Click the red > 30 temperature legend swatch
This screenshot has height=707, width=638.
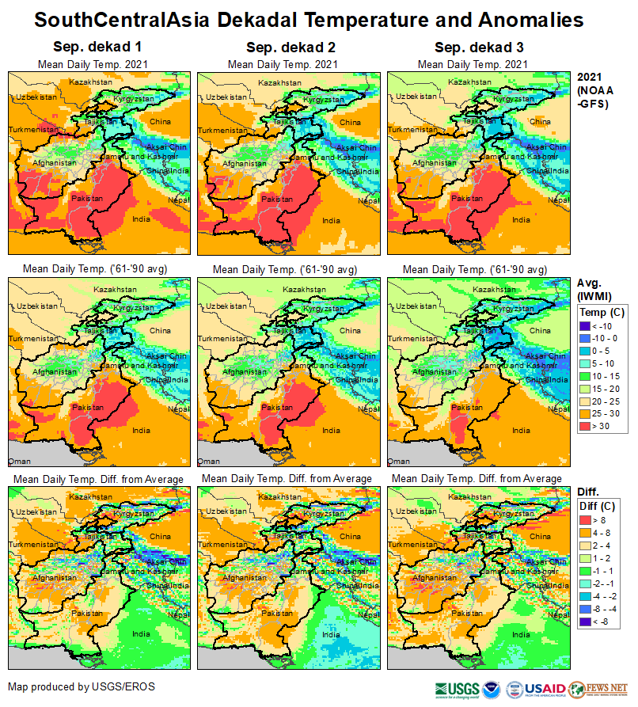[x=586, y=427]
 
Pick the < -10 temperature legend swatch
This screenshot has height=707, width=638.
[x=586, y=325]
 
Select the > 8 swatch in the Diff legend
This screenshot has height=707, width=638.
[x=586, y=520]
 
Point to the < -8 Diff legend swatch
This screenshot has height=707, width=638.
[x=586, y=621]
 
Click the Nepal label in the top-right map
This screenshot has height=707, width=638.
[x=560, y=200]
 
